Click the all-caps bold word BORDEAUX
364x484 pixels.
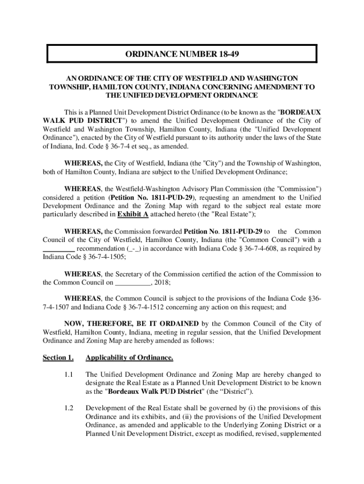(300, 112)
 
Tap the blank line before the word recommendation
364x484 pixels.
(58, 249)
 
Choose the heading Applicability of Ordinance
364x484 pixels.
(129, 357)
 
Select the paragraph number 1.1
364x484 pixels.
(69, 374)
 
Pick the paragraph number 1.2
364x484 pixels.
(69, 408)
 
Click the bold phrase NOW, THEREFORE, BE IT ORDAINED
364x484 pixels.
(131, 323)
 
